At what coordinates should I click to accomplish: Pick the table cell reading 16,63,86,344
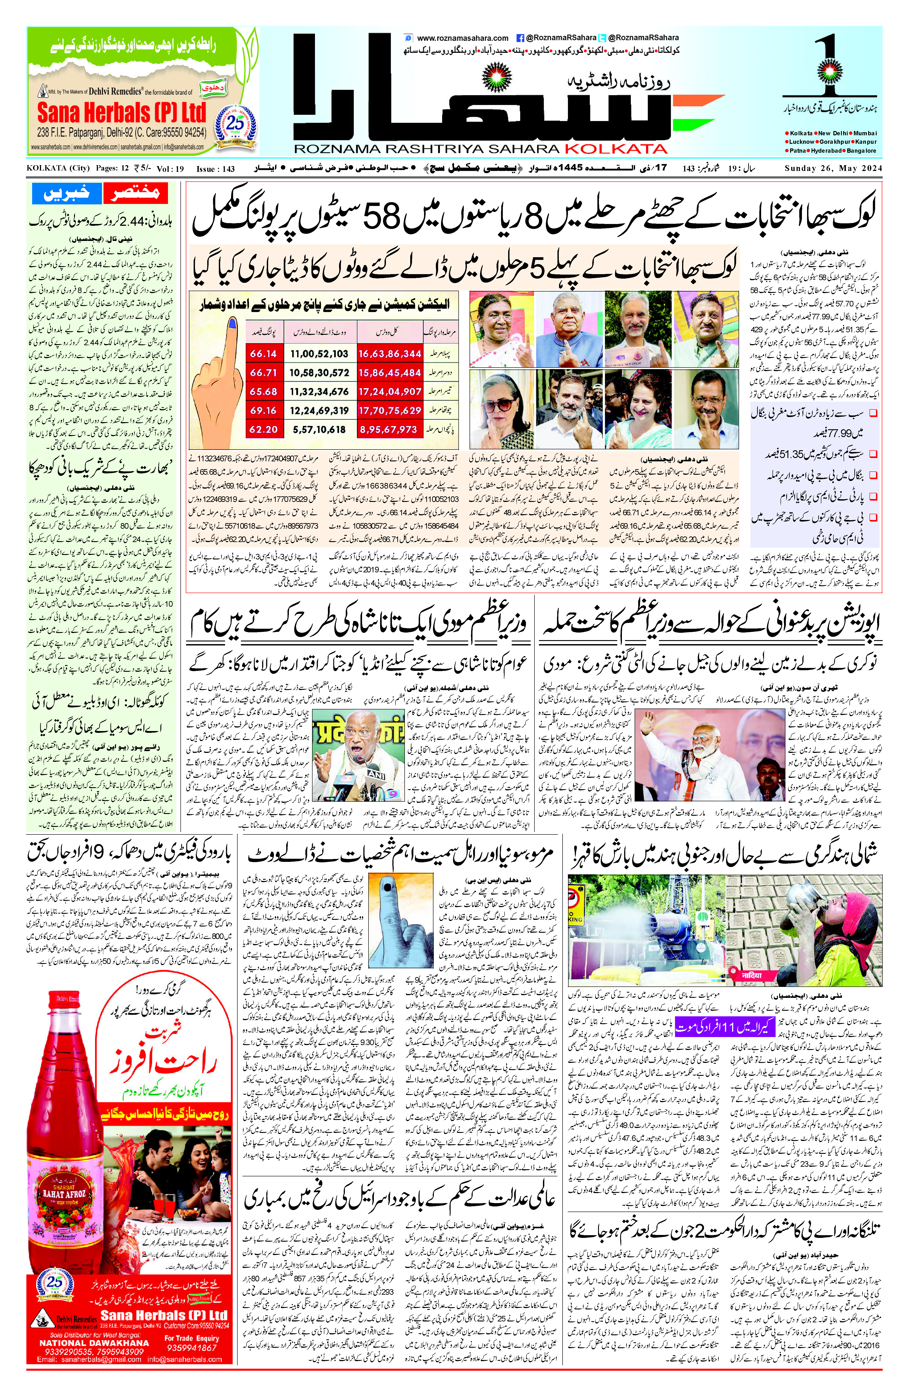389,353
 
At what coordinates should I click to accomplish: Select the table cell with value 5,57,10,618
319,430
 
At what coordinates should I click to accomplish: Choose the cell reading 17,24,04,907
389,392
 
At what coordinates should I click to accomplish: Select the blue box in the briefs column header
67,193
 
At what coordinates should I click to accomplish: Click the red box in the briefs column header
135,193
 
